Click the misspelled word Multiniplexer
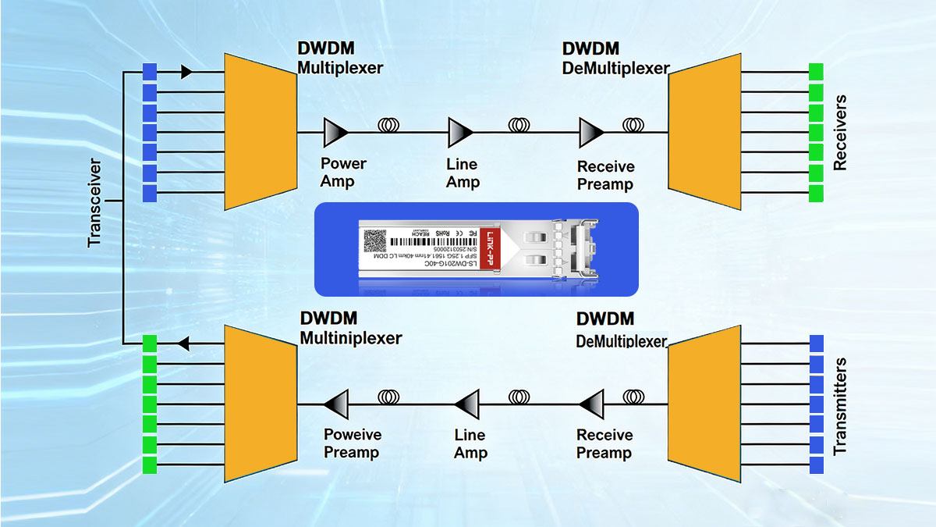350,338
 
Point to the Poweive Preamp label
352,443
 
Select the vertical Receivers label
840,134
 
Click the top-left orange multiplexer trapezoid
260,131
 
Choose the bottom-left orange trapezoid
260,404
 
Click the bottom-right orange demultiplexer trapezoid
703,404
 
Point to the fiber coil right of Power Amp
389,124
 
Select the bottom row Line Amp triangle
467,404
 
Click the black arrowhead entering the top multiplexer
186,72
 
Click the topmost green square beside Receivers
817,72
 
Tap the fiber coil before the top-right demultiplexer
633,124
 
